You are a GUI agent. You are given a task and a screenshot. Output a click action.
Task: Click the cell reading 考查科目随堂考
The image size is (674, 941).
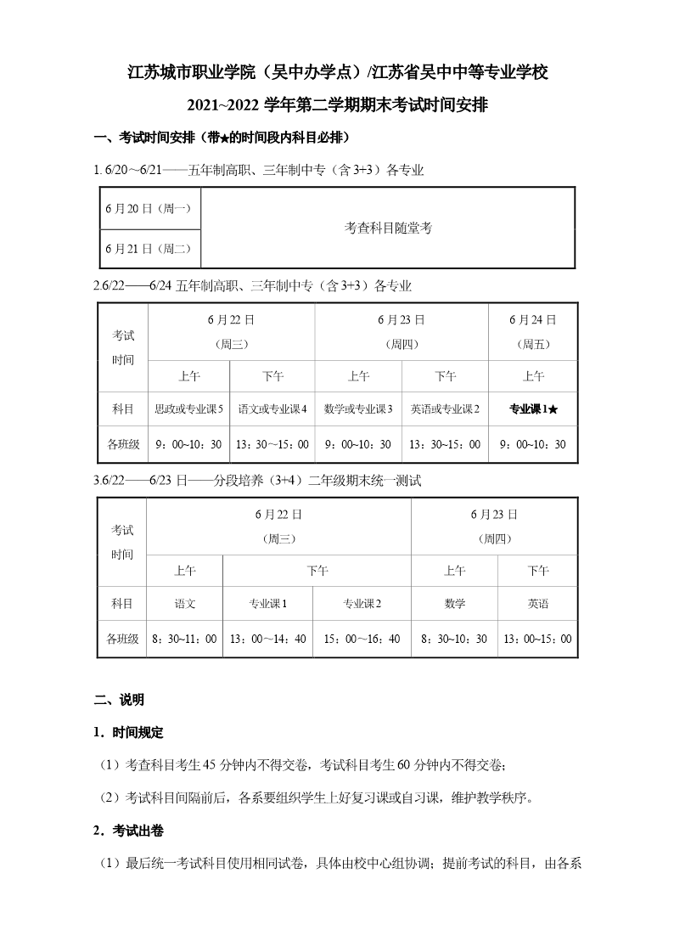pos(388,228)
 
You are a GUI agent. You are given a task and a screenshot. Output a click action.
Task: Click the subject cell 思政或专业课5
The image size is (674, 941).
pos(188,409)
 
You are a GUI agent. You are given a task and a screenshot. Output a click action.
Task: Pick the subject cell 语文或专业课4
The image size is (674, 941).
pos(272,409)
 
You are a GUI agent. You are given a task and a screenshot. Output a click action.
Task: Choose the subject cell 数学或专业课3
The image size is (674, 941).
pos(358,409)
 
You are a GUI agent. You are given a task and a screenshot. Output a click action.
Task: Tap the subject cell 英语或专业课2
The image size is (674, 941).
pos(445,409)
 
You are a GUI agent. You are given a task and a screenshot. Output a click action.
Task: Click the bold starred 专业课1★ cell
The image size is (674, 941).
pos(532,409)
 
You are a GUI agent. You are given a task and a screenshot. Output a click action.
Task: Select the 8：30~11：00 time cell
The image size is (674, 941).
pos(185,639)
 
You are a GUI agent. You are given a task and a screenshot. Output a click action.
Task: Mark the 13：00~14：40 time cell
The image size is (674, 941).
pos(267,639)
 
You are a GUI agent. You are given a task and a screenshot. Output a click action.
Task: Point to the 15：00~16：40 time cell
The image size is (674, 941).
pos(362,639)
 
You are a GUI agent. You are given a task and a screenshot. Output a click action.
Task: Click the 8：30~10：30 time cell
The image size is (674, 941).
pos(454,639)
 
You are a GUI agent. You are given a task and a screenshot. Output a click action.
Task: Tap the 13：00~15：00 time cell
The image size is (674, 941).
pos(537,639)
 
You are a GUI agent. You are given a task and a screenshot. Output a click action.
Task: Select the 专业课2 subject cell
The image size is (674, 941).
pos(362,604)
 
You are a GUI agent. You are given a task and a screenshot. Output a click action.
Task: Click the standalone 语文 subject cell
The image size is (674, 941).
pos(185,604)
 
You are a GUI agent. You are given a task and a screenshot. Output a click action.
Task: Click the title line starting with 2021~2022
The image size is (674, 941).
pos(337,105)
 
